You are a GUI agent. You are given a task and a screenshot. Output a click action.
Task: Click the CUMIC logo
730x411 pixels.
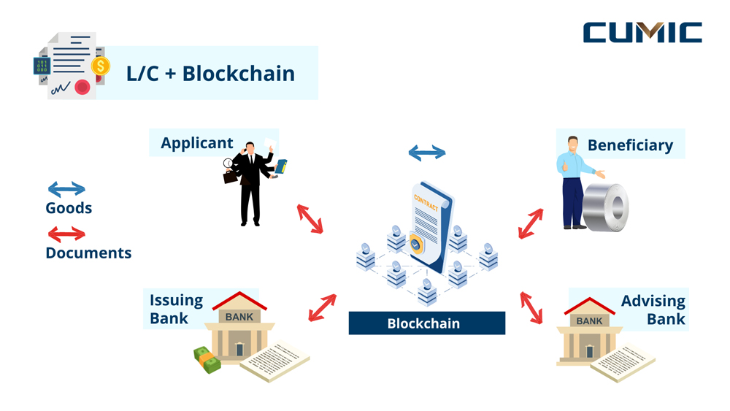[642, 32]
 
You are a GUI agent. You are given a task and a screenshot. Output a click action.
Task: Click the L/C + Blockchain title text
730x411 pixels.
[210, 73]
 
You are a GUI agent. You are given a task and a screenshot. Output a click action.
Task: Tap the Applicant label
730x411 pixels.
[196, 142]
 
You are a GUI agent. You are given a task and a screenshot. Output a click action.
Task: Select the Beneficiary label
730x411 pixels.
[630, 145]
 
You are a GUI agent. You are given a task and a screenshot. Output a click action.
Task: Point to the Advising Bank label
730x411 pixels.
[653, 310]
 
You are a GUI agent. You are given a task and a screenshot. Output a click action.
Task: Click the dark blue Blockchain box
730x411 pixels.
[426, 323]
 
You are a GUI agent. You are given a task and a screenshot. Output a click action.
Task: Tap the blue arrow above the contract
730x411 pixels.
[426, 153]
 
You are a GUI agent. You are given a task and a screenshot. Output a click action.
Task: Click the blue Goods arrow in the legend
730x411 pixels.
[66, 190]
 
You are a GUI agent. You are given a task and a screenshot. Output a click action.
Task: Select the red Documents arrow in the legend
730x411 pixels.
[66, 234]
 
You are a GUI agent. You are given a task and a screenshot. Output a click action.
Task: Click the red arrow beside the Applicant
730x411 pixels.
[310, 219]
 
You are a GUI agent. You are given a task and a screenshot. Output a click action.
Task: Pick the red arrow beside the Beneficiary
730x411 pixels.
[531, 224]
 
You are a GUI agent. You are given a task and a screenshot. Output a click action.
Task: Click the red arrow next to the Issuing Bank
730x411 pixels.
[322, 307]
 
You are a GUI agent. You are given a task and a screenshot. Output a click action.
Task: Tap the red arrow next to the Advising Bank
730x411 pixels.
[531, 307]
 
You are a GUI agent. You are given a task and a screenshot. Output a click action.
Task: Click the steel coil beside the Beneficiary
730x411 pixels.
[607, 207]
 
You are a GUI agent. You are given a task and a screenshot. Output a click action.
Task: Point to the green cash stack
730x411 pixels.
[207, 359]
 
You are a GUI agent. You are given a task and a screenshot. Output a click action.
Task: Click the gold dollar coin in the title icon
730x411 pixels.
[100, 66]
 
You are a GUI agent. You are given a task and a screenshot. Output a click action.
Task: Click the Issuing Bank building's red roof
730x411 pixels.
[239, 301]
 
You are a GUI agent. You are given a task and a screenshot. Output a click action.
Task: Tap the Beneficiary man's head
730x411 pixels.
[573, 144]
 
